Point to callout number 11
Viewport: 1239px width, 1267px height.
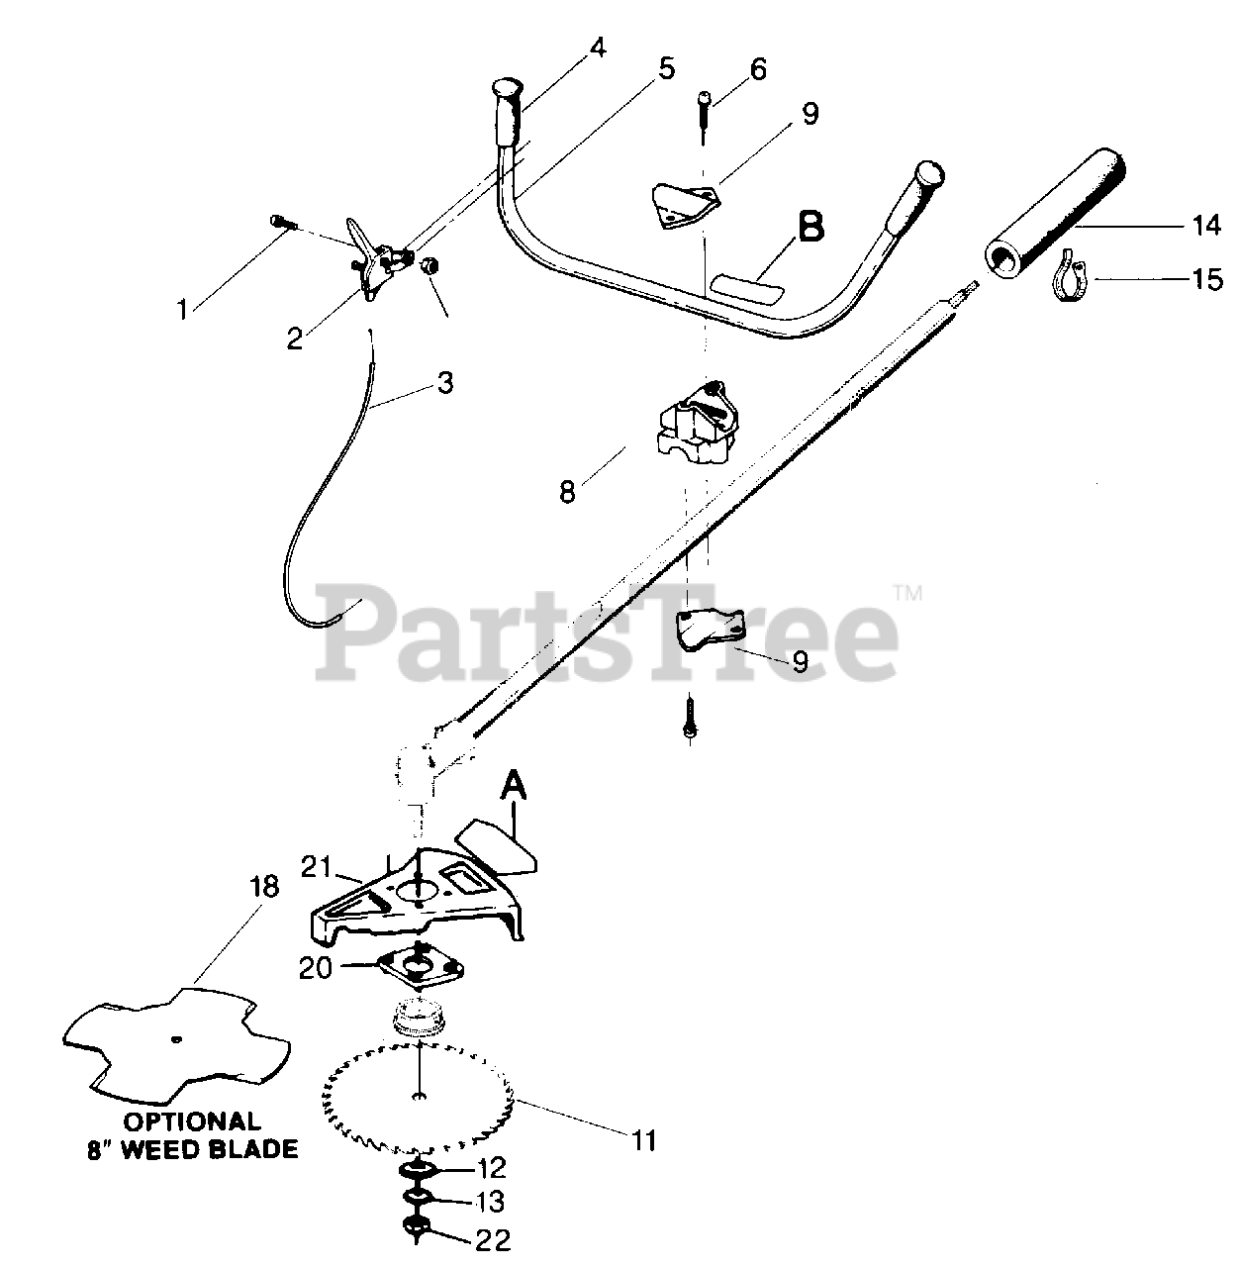(644, 1140)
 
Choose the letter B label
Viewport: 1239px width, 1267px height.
(810, 227)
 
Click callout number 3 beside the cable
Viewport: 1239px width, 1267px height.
(445, 382)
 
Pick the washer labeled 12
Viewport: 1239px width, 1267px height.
(421, 1170)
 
